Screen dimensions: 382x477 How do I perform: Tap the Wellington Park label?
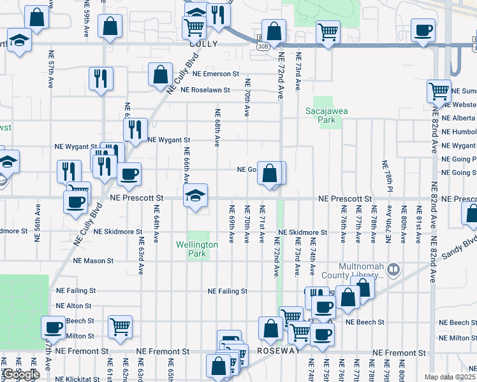click(x=197, y=249)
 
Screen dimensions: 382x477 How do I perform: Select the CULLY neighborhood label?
click(x=203, y=45)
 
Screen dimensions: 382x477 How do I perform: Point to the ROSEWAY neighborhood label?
click(x=278, y=351)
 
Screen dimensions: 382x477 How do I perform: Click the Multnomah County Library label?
click(x=353, y=271)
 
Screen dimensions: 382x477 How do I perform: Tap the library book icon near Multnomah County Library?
click(x=393, y=270)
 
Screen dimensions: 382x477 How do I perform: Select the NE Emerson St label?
click(x=207, y=74)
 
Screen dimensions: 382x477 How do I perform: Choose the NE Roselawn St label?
click(x=205, y=90)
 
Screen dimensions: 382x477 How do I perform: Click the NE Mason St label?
click(x=93, y=260)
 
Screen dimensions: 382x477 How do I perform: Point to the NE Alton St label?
click(x=75, y=306)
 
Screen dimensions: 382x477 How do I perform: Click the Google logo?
click(x=22, y=375)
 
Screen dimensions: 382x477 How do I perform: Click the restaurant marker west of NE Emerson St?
click(x=101, y=78)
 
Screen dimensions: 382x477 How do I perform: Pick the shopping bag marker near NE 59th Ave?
click(x=110, y=26)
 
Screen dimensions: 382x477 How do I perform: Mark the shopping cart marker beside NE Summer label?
click(x=439, y=92)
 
